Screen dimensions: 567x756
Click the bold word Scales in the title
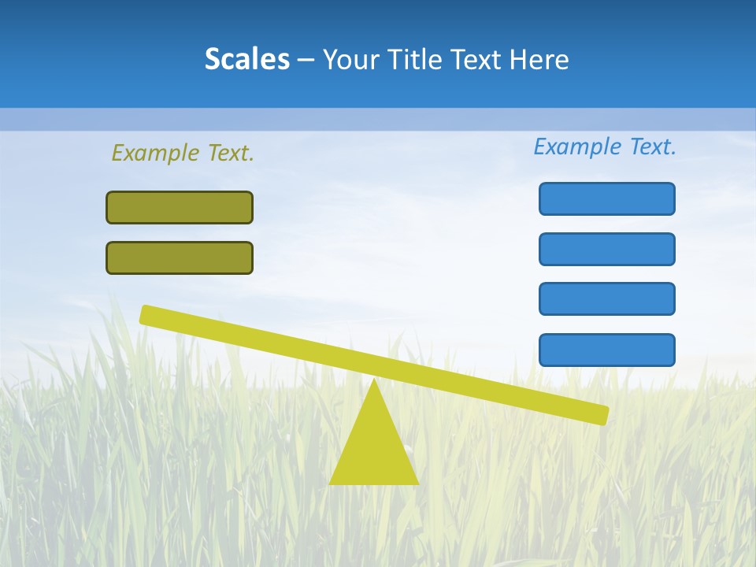[x=246, y=59]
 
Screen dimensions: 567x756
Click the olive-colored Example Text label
[x=183, y=153]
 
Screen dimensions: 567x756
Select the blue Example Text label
[x=605, y=146]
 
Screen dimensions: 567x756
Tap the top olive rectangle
[x=180, y=207]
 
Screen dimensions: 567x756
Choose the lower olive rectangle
[x=180, y=258]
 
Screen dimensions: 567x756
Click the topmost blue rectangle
[x=606, y=198]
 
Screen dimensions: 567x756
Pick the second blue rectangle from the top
[x=606, y=249]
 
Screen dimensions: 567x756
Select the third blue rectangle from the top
[x=606, y=298]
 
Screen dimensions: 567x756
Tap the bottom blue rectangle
[x=606, y=350]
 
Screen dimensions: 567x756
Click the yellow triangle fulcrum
[x=373, y=449]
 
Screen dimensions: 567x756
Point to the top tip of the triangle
[x=373, y=381]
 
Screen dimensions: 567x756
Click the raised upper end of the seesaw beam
[x=146, y=314]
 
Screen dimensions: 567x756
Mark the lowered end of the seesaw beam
[x=602, y=415]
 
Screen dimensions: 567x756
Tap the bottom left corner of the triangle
[x=331, y=483]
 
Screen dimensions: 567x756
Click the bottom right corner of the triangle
[x=417, y=483]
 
